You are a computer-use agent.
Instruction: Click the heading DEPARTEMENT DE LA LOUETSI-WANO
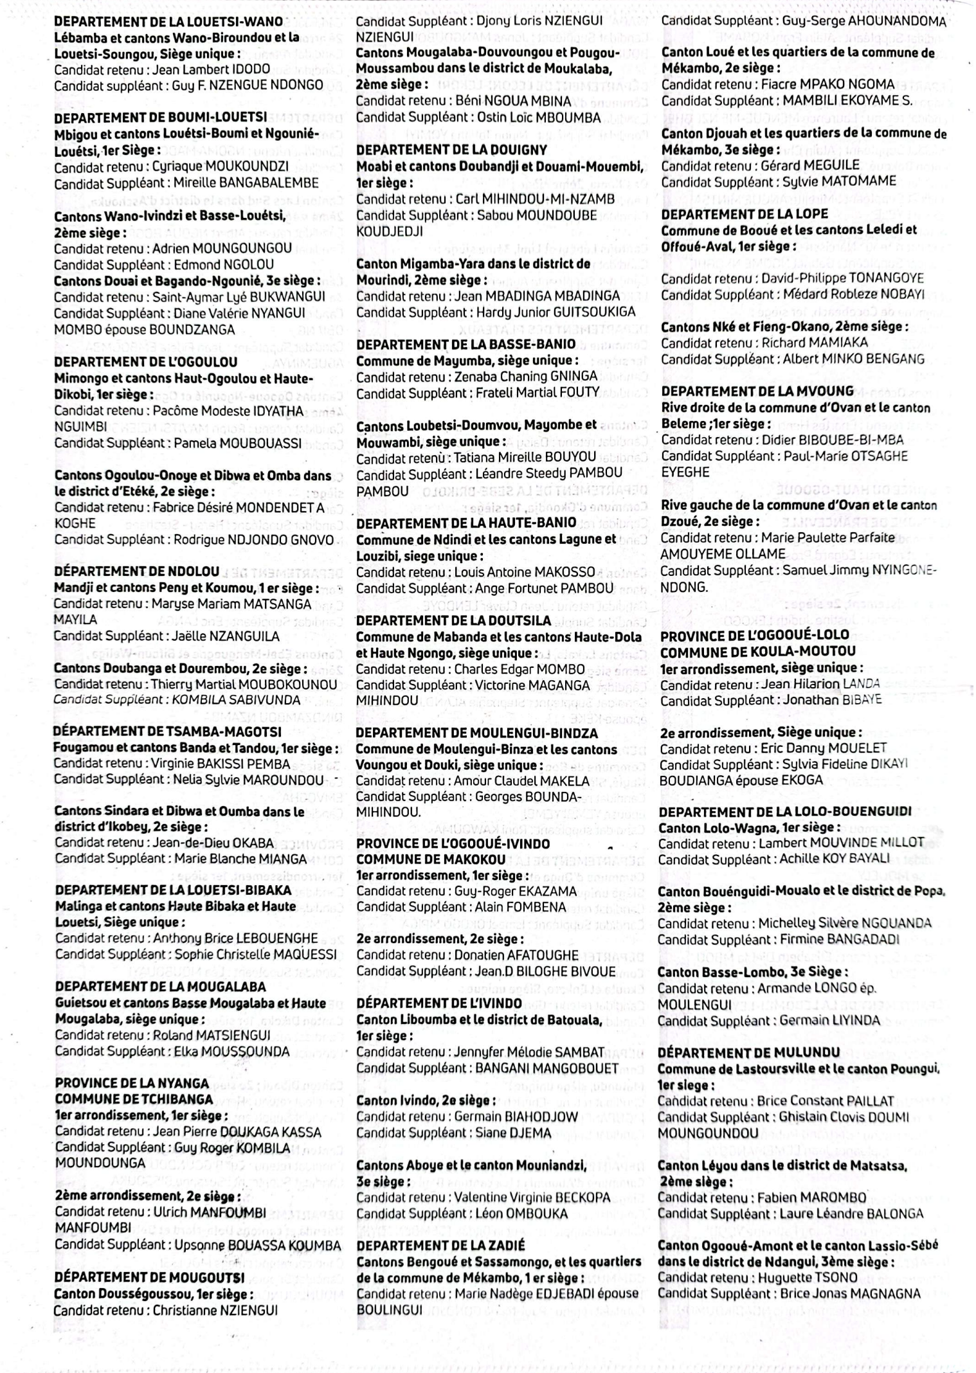[168, 21]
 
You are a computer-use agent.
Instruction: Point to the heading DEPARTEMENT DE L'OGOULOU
[145, 362]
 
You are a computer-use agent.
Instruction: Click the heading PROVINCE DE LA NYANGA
[132, 1083]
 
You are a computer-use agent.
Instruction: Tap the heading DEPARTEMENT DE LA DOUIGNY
[451, 150]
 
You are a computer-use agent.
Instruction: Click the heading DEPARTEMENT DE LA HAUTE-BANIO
[466, 523]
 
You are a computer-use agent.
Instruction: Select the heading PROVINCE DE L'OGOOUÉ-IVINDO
[453, 843]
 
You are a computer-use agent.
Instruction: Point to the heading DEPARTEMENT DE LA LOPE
[745, 214]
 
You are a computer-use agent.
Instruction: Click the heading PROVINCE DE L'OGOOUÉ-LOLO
[754, 635]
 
